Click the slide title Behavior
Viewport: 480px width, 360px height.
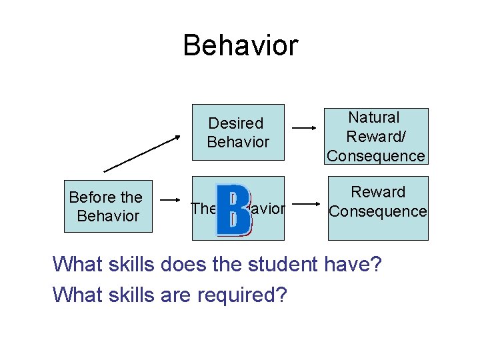(240, 46)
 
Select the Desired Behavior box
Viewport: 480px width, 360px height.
(238, 132)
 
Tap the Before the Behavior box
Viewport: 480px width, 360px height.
(108, 206)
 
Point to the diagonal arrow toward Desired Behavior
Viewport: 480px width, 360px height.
(142, 153)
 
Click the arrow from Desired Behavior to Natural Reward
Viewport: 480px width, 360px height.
(305, 127)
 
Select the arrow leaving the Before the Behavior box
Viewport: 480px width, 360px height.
(172, 198)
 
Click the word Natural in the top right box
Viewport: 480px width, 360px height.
(374, 118)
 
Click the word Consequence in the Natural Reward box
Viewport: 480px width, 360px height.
(376, 156)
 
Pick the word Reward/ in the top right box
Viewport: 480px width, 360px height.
(378, 137)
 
